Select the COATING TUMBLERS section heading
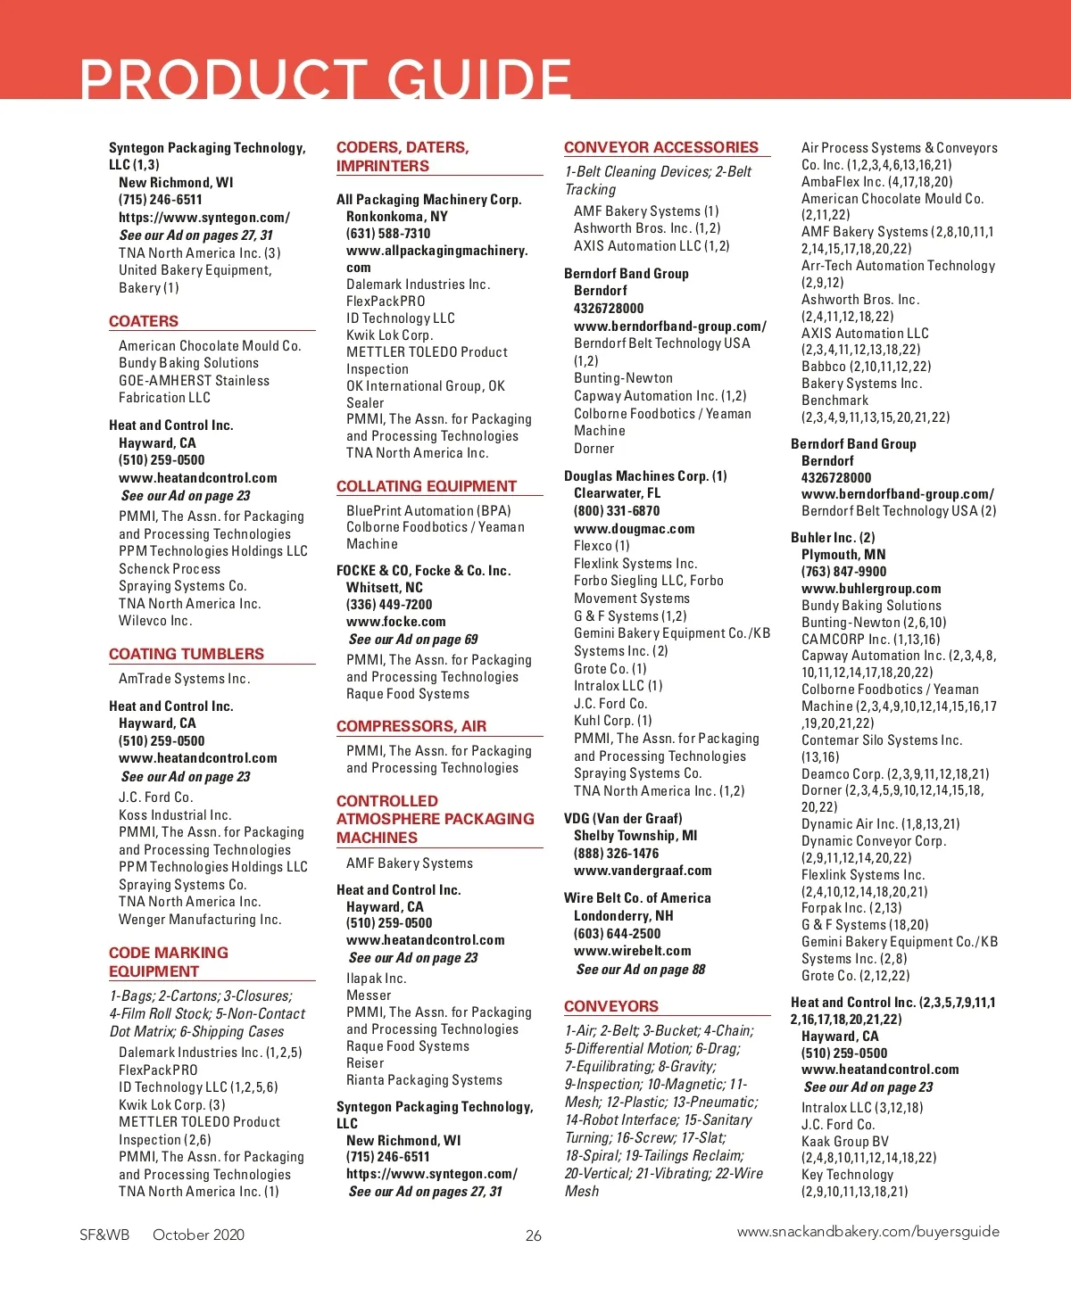tap(187, 654)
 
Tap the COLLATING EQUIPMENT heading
tap(427, 486)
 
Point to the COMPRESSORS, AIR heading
tap(411, 726)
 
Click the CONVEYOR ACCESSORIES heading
tap(661, 147)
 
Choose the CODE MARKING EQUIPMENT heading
tap(169, 962)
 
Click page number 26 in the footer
tap(534, 1235)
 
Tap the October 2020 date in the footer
tap(198, 1235)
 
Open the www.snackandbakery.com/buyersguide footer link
tap(868, 1232)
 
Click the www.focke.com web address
tap(396, 622)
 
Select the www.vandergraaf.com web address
tap(643, 871)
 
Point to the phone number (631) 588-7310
tap(388, 233)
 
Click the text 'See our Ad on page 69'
tap(413, 640)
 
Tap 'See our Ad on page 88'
tap(641, 969)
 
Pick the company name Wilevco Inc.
tap(155, 621)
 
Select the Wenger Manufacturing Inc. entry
tap(200, 920)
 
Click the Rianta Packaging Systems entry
tap(424, 1080)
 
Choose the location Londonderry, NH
tap(624, 916)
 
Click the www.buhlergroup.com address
tap(871, 589)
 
